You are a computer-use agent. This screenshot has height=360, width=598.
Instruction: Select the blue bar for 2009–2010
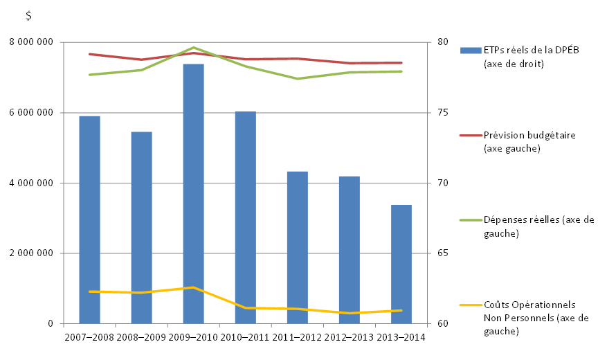click(193, 194)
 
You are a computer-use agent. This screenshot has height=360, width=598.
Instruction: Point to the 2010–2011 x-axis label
click(246, 337)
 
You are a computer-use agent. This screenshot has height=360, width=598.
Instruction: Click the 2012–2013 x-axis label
click(350, 337)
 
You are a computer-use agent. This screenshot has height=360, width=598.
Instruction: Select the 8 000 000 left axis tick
click(30, 42)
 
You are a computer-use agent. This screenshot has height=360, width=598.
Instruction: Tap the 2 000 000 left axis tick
click(30, 253)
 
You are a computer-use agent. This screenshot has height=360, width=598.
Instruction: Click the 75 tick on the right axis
click(443, 113)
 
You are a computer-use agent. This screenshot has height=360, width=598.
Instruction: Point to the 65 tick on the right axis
click(443, 253)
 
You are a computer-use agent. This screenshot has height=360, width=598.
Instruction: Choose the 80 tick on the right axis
click(443, 42)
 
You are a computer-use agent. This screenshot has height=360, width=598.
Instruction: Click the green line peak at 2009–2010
click(193, 47)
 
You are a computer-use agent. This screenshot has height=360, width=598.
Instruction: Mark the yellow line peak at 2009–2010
click(193, 287)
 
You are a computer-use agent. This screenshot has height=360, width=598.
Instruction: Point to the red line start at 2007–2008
click(90, 53)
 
